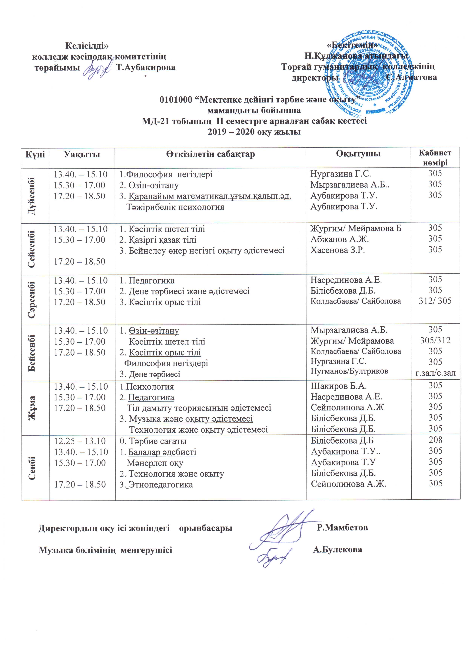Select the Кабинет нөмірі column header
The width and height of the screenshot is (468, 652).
click(x=435, y=158)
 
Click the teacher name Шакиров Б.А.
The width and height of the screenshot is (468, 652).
click(x=338, y=386)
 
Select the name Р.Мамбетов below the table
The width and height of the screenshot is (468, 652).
click(x=342, y=527)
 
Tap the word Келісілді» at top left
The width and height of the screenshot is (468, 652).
click(x=87, y=45)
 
